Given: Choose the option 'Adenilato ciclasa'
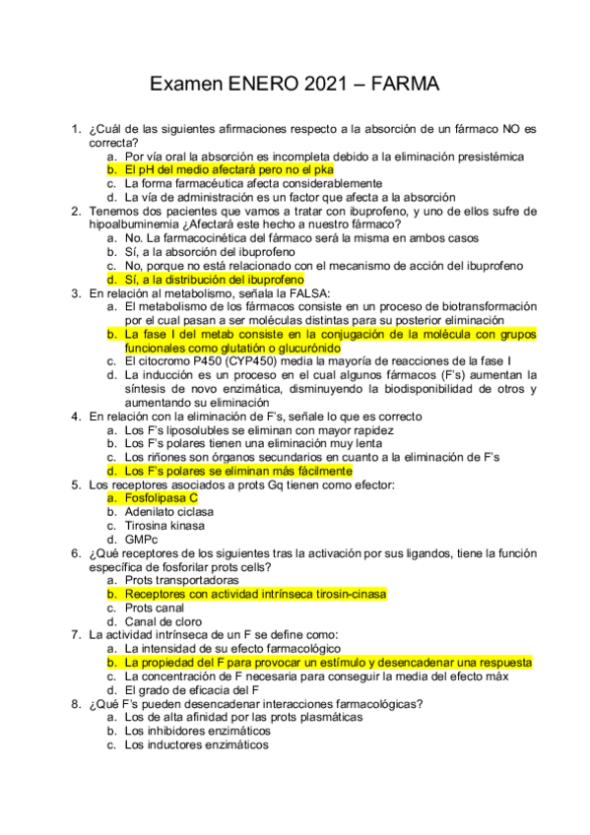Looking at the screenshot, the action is (x=169, y=512).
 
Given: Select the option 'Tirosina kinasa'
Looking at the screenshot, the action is (x=164, y=526).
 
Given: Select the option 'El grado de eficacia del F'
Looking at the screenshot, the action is (x=191, y=690).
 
